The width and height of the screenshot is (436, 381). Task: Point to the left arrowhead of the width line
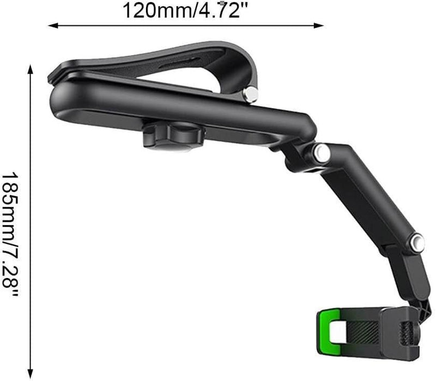[x=52, y=25]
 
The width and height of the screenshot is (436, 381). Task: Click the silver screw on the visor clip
[x=251, y=94]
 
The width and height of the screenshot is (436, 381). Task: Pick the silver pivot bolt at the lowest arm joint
[x=417, y=241]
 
